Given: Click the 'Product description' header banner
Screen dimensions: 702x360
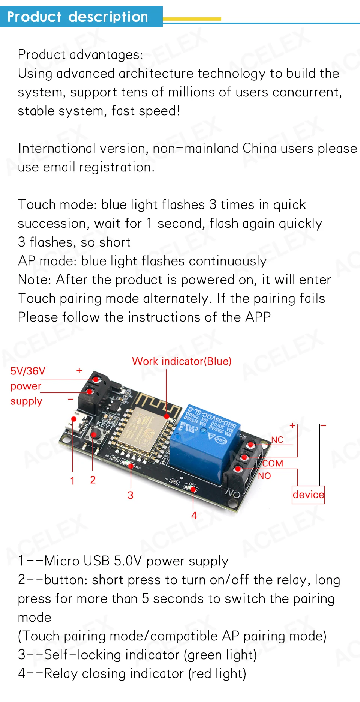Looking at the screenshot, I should (x=78, y=17).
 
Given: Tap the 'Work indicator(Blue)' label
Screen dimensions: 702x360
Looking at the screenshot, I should (x=181, y=361).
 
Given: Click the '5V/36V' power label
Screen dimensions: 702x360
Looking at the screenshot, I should (x=28, y=371).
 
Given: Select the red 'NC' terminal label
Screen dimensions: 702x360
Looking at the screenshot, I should (x=277, y=440).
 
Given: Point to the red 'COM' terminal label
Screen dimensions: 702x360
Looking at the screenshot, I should (x=273, y=463).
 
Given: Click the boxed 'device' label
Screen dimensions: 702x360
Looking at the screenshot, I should (x=308, y=495).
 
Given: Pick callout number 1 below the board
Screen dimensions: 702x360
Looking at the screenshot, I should (x=72, y=481).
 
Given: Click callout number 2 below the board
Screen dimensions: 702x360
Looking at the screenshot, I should (x=93, y=480).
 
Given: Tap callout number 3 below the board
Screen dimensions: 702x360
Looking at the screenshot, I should (x=130, y=495).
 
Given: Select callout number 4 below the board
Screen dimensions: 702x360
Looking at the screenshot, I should (x=194, y=516).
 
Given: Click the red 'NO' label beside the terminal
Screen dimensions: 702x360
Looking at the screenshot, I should (x=264, y=476).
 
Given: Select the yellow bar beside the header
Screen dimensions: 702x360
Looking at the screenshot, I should (x=192, y=19).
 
